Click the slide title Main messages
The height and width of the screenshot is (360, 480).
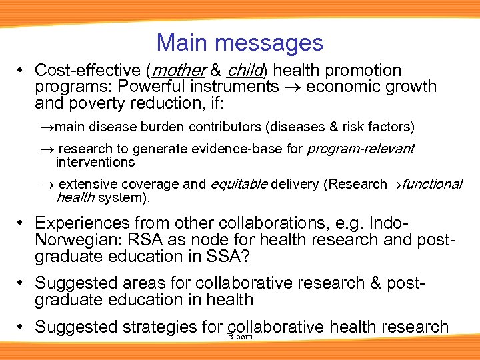click(239, 43)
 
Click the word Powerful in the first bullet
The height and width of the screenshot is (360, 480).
click(161, 87)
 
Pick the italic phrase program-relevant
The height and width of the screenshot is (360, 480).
click(361, 149)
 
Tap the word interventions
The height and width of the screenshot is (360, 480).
click(95, 162)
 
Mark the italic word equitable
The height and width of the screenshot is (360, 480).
click(239, 184)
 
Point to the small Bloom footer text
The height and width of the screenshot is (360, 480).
click(239, 337)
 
